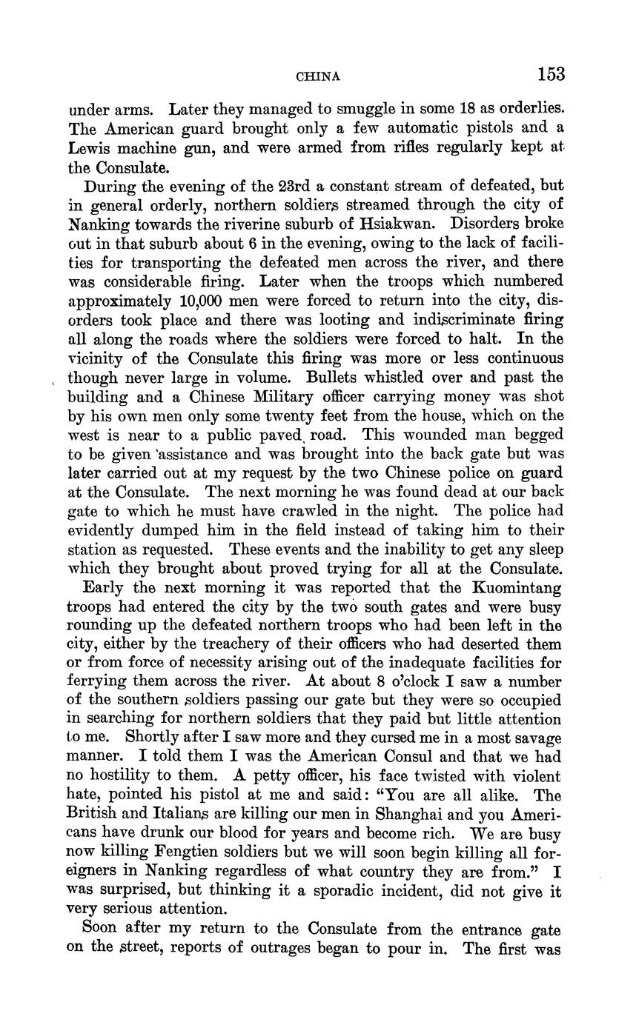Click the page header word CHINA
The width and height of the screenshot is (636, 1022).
(x=318, y=76)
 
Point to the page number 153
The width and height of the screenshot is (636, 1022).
(x=551, y=74)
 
